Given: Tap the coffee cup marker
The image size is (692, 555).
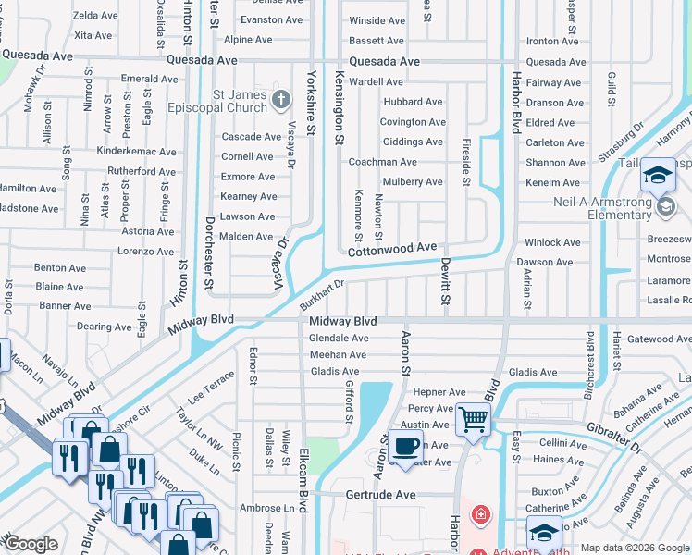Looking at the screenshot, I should tap(405, 445).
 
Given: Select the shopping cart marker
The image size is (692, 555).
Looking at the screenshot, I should tap(474, 418).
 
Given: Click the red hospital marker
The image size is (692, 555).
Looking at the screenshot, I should tap(480, 514).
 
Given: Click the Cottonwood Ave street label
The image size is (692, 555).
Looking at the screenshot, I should tap(391, 249).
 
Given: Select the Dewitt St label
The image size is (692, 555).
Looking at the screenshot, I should tap(445, 282).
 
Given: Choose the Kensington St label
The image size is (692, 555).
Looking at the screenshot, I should tap(340, 107).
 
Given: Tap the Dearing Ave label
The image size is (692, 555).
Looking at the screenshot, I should tap(104, 327).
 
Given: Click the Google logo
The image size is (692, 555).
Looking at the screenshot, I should tap(31, 544).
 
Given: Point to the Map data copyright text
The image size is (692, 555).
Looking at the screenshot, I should tap(635, 548).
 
